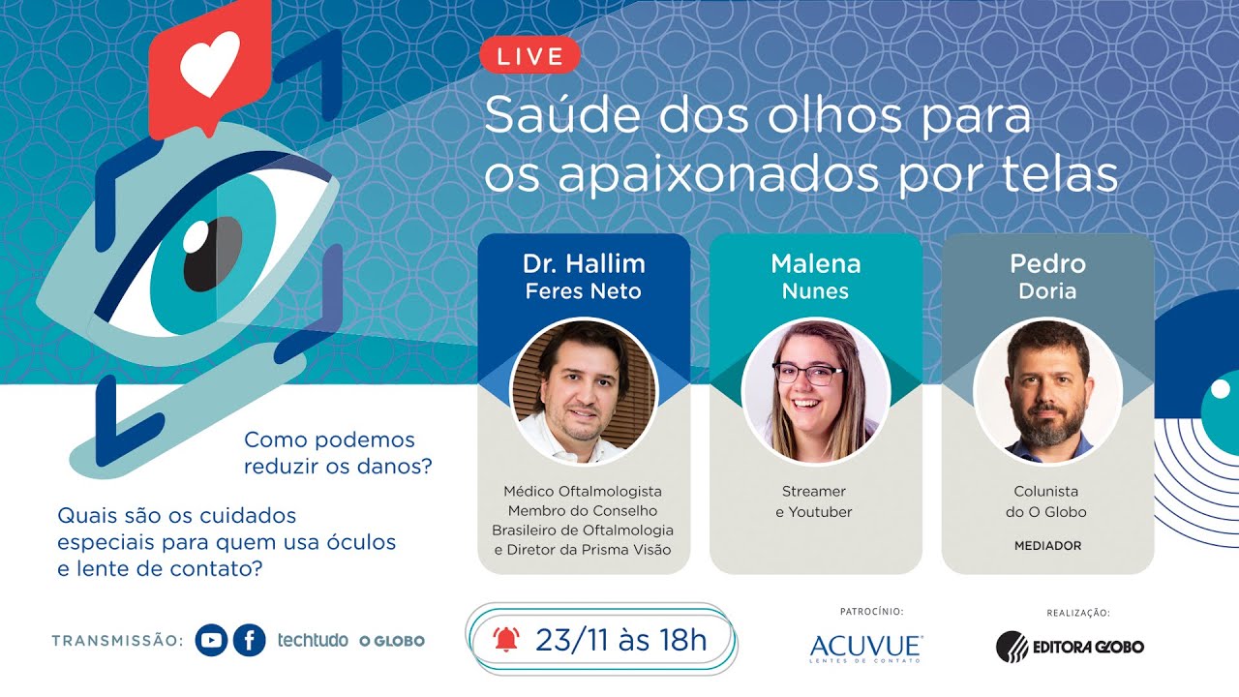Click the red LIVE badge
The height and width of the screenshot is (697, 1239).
pos(529,56)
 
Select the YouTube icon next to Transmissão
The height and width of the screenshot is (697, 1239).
pos(211,640)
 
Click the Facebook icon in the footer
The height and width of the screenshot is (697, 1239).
pos(249,640)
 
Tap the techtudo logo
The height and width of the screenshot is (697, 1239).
pos(313,640)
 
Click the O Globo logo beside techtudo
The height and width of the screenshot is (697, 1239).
pos(392,641)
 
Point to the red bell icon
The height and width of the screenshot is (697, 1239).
pos(505,639)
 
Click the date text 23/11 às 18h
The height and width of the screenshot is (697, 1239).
pos(620,639)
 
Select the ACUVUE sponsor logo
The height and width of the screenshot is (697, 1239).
pos(865,647)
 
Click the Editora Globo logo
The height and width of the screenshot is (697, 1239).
pos(1070,646)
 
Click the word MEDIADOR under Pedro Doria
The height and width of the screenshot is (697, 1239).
pos(1047,546)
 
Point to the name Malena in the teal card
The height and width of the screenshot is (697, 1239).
pos(816,263)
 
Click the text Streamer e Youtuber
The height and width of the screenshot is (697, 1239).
pos(816,501)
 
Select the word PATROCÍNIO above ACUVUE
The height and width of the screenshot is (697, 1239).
pos(871,612)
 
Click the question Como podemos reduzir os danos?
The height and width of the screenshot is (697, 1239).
pos(338,453)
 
